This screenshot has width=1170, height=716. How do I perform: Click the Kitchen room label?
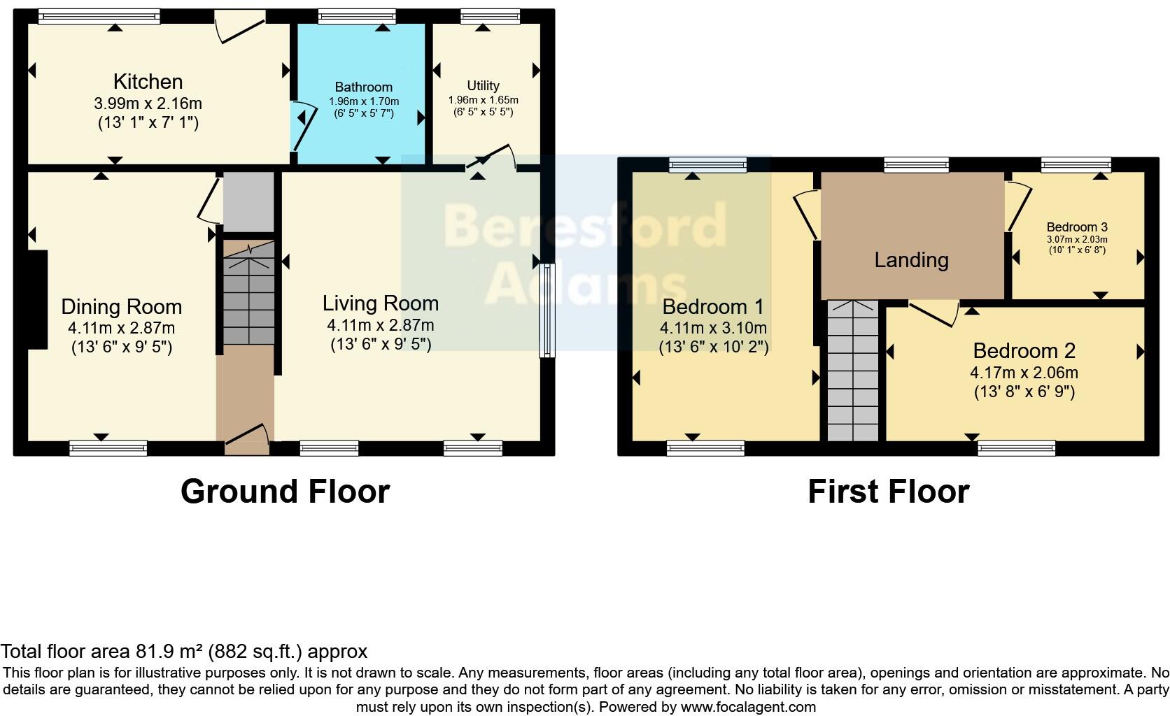point(148,82)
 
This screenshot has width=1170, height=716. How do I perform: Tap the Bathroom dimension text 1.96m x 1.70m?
point(363,101)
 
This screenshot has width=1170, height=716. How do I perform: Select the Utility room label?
point(483,85)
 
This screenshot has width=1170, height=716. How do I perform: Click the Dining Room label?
point(121,306)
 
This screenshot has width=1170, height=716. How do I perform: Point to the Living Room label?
point(380,303)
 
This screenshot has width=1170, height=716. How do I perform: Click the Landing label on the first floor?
point(911,260)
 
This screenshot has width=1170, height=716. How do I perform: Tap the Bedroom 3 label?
point(1076,227)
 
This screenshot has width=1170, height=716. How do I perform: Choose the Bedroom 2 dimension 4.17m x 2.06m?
point(1024,373)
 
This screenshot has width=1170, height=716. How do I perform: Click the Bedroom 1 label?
point(712,306)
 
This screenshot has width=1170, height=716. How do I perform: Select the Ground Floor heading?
point(285,492)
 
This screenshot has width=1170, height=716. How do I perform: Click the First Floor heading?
point(888,492)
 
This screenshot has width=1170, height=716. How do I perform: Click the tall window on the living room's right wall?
point(546,310)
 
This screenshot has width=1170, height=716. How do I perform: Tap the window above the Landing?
point(916,165)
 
